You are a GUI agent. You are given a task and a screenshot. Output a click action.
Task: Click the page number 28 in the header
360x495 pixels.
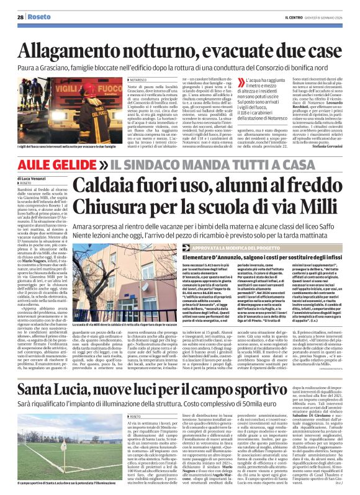tap(20, 17)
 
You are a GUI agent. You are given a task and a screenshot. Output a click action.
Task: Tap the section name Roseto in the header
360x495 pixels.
tap(38, 17)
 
